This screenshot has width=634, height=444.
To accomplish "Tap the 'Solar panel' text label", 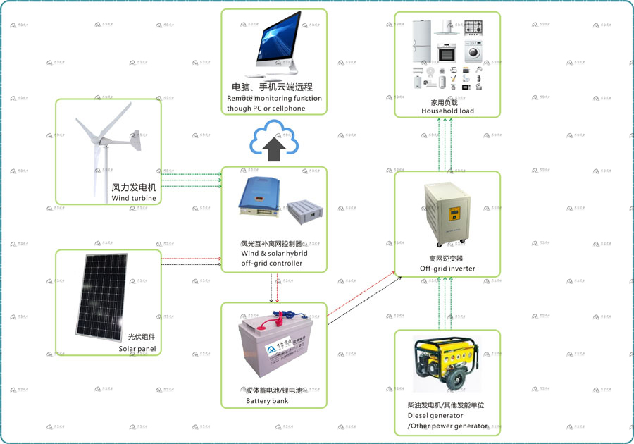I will point(137,348).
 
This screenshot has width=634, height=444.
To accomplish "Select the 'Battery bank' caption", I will point(267,401).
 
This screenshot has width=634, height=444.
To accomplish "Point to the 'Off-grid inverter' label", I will point(447,269).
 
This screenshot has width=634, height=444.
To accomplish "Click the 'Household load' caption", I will point(447,111).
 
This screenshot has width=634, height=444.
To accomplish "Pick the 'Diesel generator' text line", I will point(435,416).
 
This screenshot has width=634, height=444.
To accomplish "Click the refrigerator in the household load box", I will point(421,42).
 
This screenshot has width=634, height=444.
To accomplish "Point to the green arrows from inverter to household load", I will point(447,144).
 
